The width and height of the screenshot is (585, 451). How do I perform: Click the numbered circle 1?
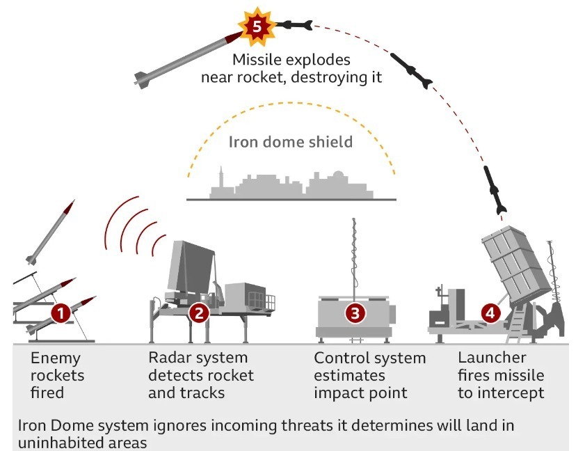coord(61,313)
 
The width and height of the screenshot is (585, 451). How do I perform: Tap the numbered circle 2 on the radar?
coord(199,312)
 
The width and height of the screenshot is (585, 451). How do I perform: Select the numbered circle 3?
coord(355,313)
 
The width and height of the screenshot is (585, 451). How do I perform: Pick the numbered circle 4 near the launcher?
coord(490,313)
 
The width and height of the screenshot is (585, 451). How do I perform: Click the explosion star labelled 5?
coord(257,27)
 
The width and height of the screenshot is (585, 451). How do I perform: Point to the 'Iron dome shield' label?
coord(290,142)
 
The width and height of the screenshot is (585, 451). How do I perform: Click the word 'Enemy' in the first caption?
coord(55,358)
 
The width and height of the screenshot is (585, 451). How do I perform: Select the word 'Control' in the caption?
coord(342,358)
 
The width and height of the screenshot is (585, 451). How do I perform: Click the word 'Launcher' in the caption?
coord(492,358)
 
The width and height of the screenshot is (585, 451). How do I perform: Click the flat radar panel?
coord(191,267)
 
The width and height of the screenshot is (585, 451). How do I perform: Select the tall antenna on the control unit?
coord(354,258)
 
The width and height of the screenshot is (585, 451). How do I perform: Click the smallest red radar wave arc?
coord(158,245)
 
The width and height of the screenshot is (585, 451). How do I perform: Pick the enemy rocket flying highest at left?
coord(51,232)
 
